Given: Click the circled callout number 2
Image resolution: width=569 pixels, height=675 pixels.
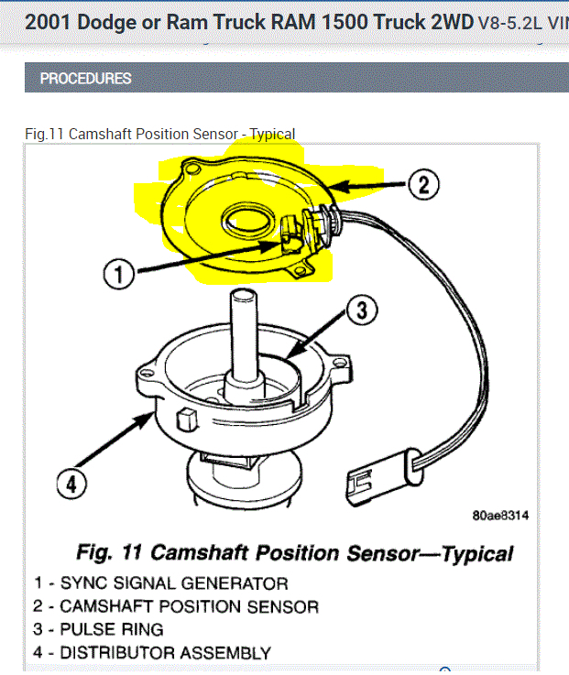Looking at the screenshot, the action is (421, 185).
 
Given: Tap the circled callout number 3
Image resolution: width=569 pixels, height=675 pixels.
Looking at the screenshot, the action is (362, 310).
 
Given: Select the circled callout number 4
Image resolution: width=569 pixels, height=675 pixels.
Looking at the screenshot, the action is (70, 483).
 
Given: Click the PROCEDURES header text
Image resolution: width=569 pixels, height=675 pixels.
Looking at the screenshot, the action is (85, 79).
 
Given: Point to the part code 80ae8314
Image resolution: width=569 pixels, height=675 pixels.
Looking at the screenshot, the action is (500, 516).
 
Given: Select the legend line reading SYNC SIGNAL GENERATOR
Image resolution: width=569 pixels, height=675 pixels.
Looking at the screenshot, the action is (160, 583).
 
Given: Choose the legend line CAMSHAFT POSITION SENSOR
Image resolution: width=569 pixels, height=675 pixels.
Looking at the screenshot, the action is (176, 606).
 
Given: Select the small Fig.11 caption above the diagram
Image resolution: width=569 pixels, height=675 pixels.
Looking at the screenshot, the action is (159, 135).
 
